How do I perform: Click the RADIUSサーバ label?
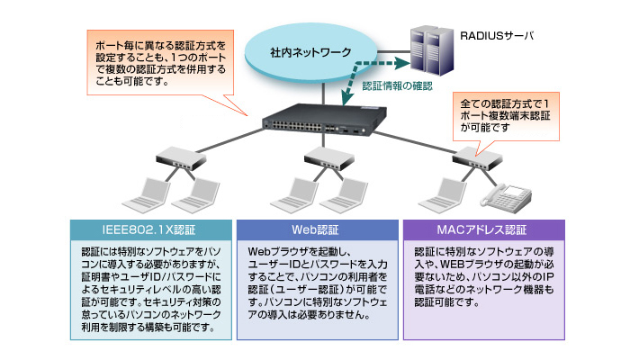497,36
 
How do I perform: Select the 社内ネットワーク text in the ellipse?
310,52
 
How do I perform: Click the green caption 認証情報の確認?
397,85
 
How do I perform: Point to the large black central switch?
324,120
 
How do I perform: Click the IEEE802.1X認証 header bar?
151,229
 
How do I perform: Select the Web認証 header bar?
318,229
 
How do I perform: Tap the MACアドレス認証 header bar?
483,229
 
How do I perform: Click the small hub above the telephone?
477,158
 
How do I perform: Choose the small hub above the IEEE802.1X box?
181,158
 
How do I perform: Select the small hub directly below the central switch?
329,158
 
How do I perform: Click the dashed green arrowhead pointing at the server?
402,63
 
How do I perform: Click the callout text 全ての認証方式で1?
505,104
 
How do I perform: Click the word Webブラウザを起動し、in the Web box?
300,252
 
